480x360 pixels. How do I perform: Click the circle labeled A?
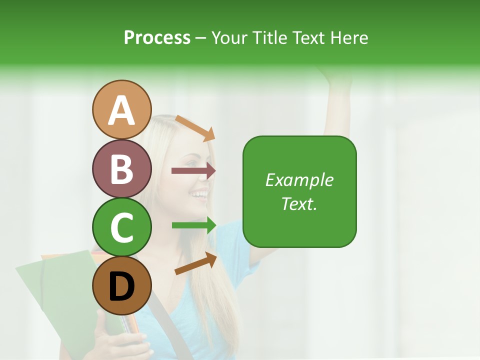click(122, 109)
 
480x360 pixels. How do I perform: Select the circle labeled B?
click(122, 168)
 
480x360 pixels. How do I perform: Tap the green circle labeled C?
click(122, 227)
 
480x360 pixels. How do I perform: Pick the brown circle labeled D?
click(122, 286)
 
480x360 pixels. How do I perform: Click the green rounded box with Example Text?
click(299, 191)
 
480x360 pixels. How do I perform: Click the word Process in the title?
click(157, 37)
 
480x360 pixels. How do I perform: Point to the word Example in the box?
click(299, 180)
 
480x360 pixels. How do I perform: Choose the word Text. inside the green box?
click(299, 203)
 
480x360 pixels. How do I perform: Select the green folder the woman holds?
click(55, 285)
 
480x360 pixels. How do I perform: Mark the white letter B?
click(122, 168)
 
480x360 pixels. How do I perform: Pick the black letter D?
click(122, 286)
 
